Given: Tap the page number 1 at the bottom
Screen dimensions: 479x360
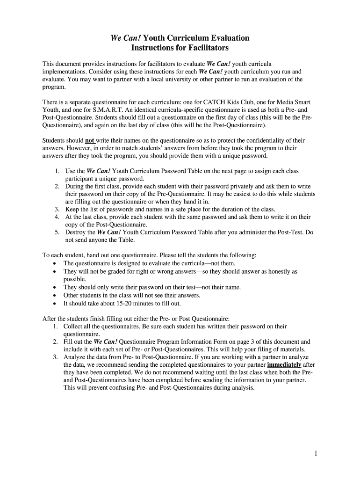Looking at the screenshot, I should coord(317,453).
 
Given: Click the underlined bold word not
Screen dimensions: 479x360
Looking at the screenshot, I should coord(90,140).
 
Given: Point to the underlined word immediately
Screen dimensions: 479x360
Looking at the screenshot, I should coord(284,364).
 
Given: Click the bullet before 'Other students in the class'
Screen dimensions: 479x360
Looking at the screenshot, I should coord(55,296).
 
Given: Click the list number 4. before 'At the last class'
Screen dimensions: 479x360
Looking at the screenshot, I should coord(57,217).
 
